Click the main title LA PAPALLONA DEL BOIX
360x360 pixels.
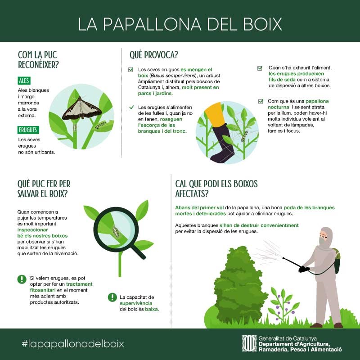click(180, 24)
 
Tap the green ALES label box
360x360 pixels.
click(24, 81)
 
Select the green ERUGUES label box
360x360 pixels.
click(28, 130)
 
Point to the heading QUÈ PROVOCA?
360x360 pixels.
click(154, 55)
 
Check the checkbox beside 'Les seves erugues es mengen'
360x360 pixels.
click(130, 69)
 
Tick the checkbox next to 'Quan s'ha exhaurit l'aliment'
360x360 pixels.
click(260, 68)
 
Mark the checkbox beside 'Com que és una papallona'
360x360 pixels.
click(261, 101)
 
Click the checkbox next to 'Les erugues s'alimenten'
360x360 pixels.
click(131, 108)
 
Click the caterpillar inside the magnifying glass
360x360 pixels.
click(116, 232)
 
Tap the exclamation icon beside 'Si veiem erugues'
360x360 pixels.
click(22, 279)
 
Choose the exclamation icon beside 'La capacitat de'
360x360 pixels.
click(112, 297)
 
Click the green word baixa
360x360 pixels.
click(152, 309)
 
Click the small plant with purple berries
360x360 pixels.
click(283, 303)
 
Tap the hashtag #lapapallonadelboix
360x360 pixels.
click(73, 344)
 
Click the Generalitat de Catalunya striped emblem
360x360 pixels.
click(249, 343)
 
